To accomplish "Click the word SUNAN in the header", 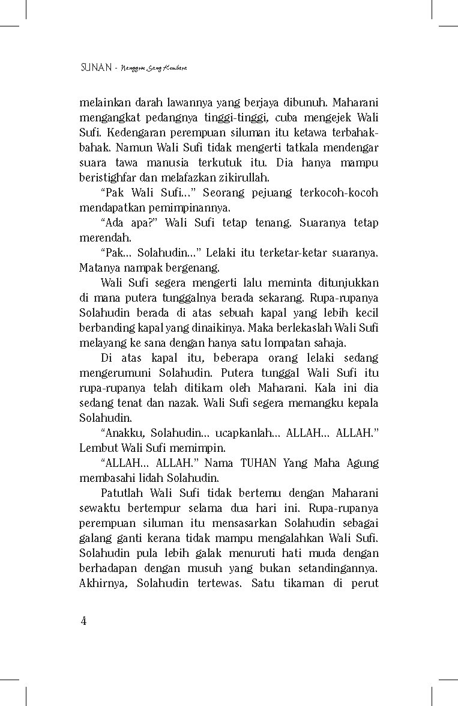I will pyautogui.click(x=95, y=67).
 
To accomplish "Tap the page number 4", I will pyautogui.click(x=84, y=620).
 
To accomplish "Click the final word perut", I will pyautogui.click(x=365, y=583).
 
